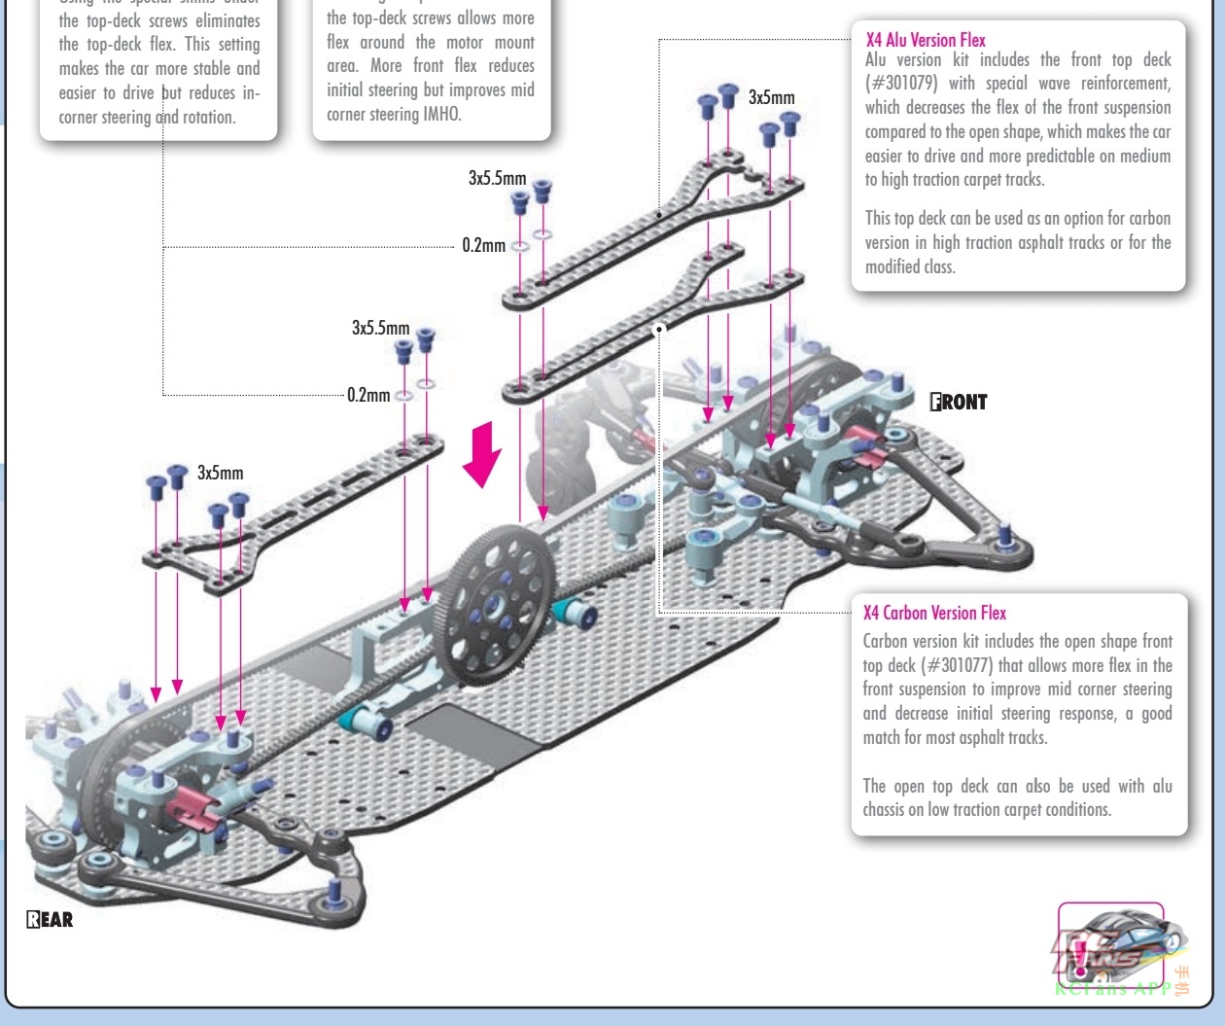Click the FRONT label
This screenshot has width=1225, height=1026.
[x=959, y=402]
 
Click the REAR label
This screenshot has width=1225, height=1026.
[x=50, y=919]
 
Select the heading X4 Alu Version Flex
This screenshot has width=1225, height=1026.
[x=926, y=40]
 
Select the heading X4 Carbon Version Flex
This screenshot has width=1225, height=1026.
[x=934, y=613]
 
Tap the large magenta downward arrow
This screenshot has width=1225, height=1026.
[x=481, y=455]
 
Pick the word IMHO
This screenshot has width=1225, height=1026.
[x=442, y=114]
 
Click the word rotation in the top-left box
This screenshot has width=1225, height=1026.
[x=208, y=117]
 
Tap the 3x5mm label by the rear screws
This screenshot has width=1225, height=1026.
[x=221, y=473]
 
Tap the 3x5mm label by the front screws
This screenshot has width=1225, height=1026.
[x=771, y=97]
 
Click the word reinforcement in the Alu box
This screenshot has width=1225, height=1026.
[x=1125, y=84]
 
